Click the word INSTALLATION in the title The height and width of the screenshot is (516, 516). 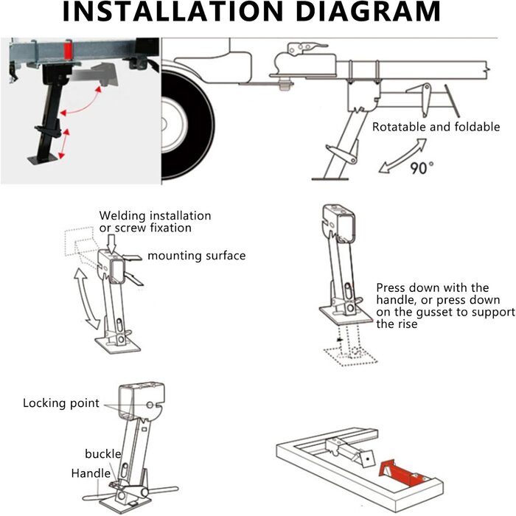172,11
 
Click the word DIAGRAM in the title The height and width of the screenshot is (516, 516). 369,11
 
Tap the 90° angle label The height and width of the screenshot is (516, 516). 422,167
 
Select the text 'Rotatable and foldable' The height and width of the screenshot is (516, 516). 436,127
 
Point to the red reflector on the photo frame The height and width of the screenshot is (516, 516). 68,52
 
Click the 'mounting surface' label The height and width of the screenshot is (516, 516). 197,256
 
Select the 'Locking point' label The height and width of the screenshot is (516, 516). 61,403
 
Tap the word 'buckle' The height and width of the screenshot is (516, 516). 103,454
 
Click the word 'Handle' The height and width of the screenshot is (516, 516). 91,473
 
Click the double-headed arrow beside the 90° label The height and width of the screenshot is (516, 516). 402,156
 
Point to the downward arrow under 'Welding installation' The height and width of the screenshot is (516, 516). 112,243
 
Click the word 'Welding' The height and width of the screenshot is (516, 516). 122,216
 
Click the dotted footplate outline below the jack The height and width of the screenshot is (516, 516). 350,357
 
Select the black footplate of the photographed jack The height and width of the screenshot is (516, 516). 43,160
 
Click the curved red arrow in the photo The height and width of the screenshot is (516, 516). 81,102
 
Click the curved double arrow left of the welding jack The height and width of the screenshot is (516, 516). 86,299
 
